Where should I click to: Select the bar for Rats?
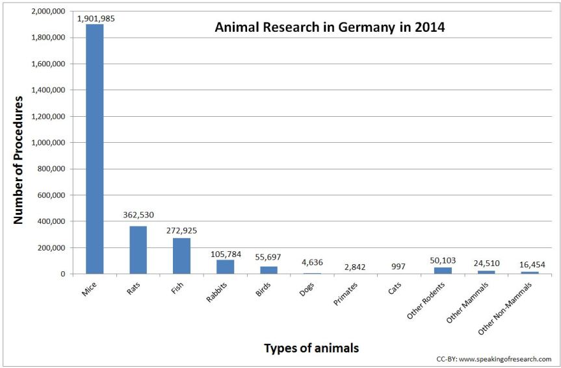(138, 250)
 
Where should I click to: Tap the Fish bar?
(181, 256)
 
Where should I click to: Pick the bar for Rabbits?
(226, 267)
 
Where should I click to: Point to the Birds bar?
(268, 270)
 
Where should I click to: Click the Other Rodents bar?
(443, 271)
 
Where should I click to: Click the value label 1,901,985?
(96, 18)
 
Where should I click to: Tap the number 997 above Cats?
(399, 266)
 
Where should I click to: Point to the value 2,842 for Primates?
(356, 266)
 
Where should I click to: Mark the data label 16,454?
(530, 264)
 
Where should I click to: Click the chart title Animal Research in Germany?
(330, 29)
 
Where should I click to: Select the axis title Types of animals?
(311, 348)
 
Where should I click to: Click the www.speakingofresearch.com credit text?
(495, 359)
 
